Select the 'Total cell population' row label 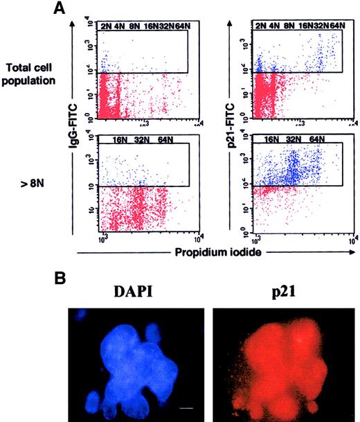click(35, 73)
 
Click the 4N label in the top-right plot click(273, 26)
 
